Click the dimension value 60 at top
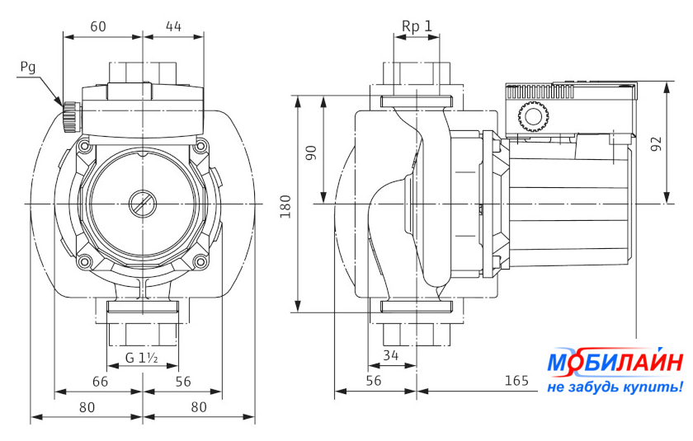98,26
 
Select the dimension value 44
173,26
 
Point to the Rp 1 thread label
417,26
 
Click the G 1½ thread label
142,357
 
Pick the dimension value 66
99,381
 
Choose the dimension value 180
285,205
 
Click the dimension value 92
656,143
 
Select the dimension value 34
391,356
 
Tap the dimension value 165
516,381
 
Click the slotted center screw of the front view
142,202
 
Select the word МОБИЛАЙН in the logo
615,363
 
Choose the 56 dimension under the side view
374,381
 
